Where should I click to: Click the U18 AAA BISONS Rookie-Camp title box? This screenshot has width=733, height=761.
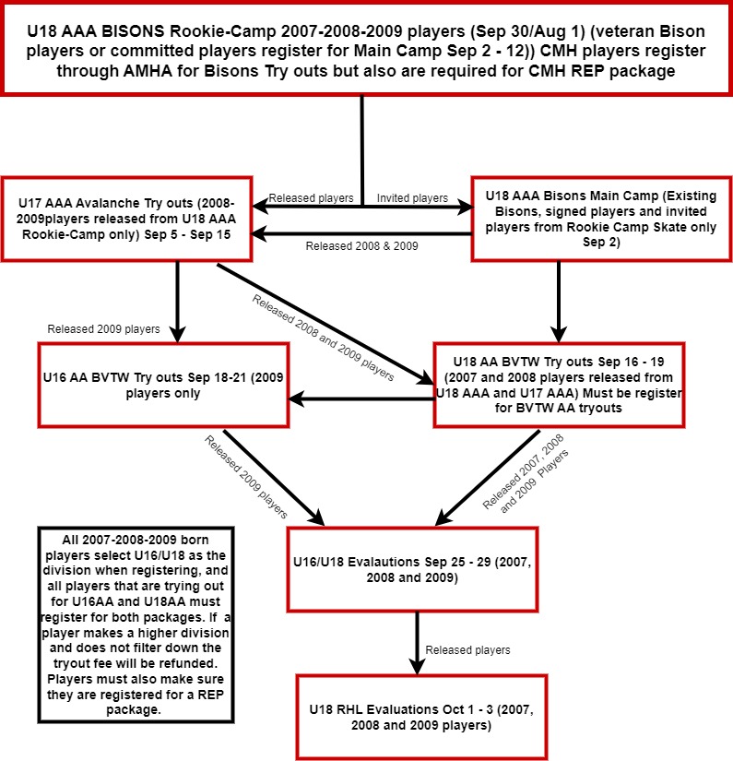(366, 48)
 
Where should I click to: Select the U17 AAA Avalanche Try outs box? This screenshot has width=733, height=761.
(125, 220)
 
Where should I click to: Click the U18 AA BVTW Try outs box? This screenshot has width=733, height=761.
(559, 385)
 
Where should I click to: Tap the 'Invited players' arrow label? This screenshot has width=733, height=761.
(412, 197)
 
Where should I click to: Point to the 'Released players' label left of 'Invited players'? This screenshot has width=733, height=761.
(311, 197)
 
